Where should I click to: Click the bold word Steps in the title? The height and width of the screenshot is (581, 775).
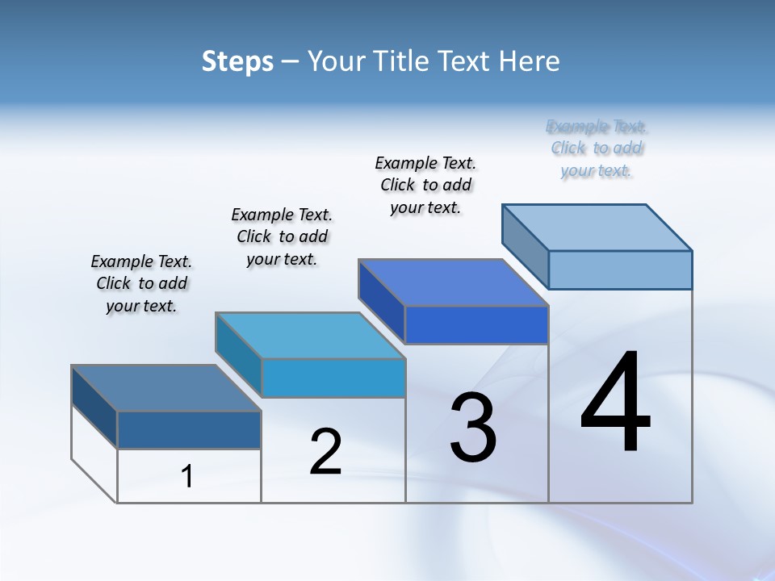pyautogui.click(x=237, y=61)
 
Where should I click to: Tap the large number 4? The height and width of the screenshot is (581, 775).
pyautogui.click(x=615, y=403)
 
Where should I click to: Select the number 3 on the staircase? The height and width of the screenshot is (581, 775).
pyautogui.click(x=473, y=428)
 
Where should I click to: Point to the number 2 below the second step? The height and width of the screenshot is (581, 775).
pyautogui.click(x=325, y=451)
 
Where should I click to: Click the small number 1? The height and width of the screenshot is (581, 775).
pyautogui.click(x=187, y=477)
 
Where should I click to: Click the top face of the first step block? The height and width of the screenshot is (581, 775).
pyautogui.click(x=166, y=388)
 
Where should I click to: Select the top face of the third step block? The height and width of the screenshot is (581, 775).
pyautogui.click(x=454, y=282)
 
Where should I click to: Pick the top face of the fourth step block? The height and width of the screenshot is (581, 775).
pyautogui.click(x=597, y=228)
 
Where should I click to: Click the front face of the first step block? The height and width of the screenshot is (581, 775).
pyautogui.click(x=189, y=430)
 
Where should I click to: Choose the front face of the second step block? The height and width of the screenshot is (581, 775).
pyautogui.click(x=333, y=378)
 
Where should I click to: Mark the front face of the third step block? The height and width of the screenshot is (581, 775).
pyautogui.click(x=476, y=325)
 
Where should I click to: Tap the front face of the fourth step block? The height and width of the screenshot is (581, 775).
pyautogui.click(x=620, y=270)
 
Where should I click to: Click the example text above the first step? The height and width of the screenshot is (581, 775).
pyautogui.click(x=141, y=283)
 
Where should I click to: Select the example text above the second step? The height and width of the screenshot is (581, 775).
pyautogui.click(x=282, y=236)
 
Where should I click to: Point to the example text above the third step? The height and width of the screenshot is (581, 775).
pyautogui.click(x=425, y=185)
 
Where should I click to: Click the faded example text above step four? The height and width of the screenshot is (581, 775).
pyautogui.click(x=597, y=148)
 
